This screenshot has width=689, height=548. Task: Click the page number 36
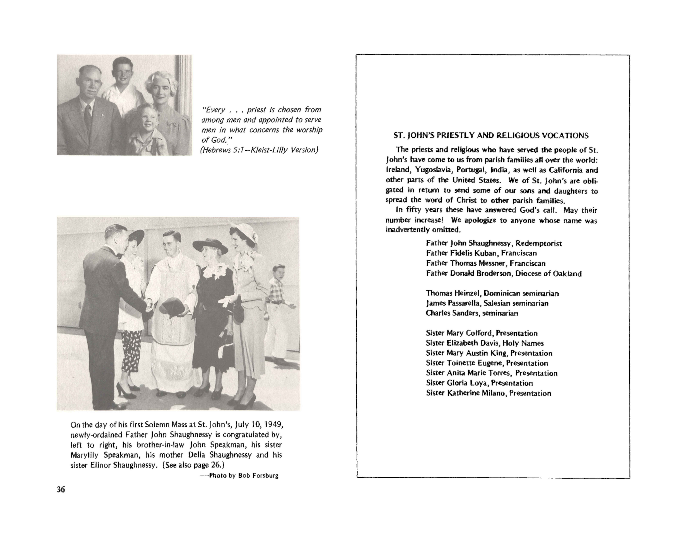click(61, 489)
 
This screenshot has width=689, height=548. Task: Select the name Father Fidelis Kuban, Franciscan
click(481, 253)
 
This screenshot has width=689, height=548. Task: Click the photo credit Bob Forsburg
click(258, 476)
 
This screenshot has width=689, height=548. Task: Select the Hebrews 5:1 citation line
click(259, 150)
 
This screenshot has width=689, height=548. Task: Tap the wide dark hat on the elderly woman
click(210, 246)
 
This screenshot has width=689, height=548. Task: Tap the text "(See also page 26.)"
click(193, 465)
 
